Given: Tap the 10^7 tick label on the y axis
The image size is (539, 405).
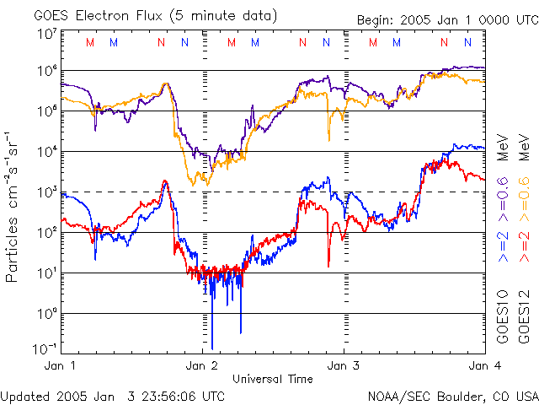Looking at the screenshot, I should pos(46,33).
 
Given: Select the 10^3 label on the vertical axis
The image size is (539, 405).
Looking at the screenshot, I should pos(46,192).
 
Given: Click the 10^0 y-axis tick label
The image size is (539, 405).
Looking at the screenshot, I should pos(46,314).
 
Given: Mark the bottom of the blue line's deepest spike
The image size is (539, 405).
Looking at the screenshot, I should pos(212,347).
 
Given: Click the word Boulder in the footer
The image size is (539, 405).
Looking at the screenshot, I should pos(454,396).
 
